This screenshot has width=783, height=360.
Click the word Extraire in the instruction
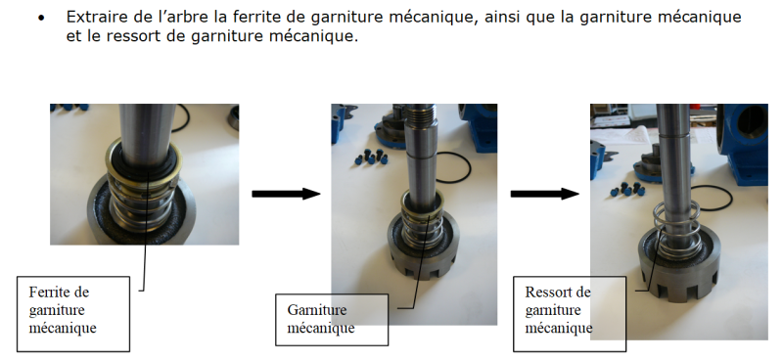pyautogui.click(x=91, y=17)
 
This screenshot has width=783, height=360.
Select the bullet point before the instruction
pyautogui.click(x=41, y=19)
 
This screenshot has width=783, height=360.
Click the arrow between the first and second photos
pyautogui.click(x=286, y=194)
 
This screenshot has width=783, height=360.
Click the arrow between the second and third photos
pyautogui.click(x=545, y=194)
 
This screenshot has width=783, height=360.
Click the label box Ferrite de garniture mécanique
pyautogui.click(x=73, y=314)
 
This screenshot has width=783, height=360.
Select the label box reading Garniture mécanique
pyautogui.click(x=332, y=320)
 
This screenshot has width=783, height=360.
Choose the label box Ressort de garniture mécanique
pyautogui.click(x=570, y=314)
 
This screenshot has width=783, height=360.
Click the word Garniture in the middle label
pyautogui.click(x=316, y=309)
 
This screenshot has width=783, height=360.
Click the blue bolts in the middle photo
pyautogui.click(x=372, y=157)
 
